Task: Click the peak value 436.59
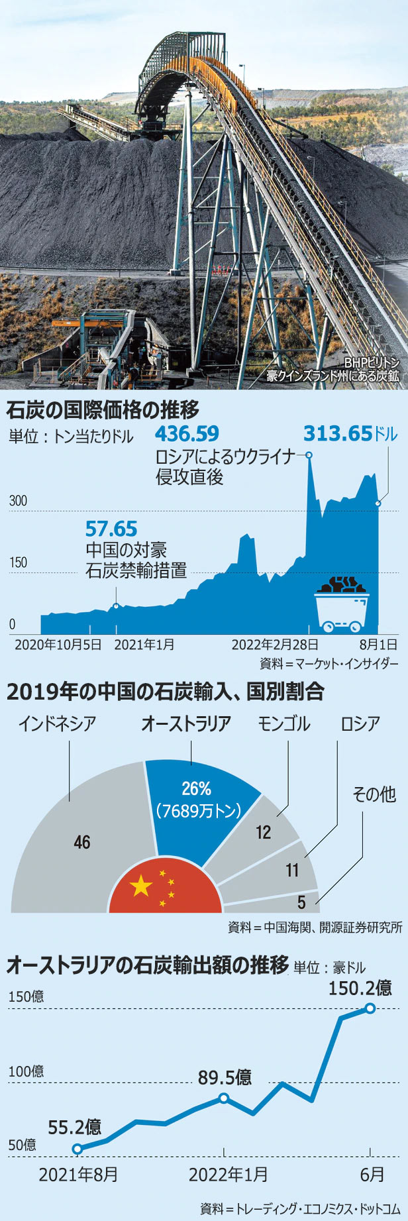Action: pos(186,434)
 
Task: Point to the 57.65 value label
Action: pos(111,529)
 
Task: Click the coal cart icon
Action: pos(341,603)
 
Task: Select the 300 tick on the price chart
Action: pos(18,501)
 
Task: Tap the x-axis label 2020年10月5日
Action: pos(58,645)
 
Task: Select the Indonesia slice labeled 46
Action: pos(79,841)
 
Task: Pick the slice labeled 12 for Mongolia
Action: pos(264,832)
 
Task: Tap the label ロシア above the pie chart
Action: pos(360,724)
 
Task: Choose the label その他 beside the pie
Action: pos(374,794)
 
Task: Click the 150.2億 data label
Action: pos(360,988)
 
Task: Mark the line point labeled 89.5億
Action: pos(224,1098)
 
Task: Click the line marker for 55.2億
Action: pos(77,1149)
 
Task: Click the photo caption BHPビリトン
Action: pos(372,363)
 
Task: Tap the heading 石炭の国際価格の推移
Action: pos(103,410)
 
